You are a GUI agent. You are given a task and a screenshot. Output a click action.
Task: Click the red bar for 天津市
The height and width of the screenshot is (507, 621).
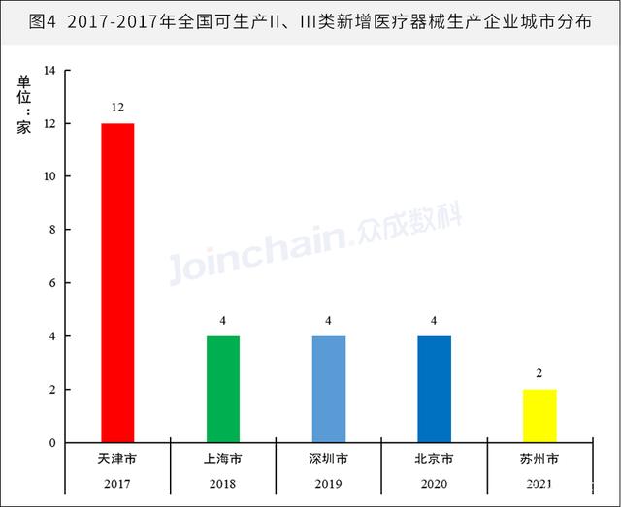point(117,283)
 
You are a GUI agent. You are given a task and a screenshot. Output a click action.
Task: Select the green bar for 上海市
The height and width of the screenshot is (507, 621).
point(223,390)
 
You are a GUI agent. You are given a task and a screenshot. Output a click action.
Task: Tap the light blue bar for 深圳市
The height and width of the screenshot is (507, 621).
point(329,390)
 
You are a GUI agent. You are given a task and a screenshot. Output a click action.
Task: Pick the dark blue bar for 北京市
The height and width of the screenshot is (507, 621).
point(434,390)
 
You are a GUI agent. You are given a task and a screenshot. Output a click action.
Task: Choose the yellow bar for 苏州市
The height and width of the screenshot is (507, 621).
point(539,417)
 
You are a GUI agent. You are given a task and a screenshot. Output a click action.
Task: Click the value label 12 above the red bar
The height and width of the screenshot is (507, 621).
point(117,107)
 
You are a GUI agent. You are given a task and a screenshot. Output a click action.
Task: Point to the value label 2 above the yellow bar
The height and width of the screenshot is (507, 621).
point(539,373)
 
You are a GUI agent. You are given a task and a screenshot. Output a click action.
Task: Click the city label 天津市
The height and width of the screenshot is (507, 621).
point(117,459)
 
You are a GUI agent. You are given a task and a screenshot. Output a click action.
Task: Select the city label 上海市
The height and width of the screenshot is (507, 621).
point(223,459)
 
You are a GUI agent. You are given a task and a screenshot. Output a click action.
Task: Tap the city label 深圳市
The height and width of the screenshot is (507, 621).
point(329,459)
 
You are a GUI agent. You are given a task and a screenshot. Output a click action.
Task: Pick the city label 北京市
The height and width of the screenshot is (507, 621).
point(434,459)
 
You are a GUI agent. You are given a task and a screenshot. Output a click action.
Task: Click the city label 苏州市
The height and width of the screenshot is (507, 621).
point(539,459)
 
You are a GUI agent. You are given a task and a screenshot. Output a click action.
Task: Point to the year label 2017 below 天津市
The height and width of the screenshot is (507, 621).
point(117,482)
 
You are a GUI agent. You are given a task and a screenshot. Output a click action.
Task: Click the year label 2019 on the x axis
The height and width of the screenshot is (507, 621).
point(329,482)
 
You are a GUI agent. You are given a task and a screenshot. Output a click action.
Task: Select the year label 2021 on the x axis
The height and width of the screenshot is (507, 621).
point(539,482)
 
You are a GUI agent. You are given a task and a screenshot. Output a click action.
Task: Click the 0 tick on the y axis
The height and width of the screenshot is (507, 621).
point(53,443)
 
